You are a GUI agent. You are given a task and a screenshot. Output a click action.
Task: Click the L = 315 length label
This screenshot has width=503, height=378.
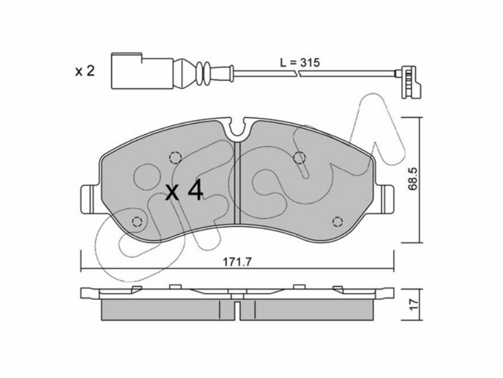[x=300, y=62]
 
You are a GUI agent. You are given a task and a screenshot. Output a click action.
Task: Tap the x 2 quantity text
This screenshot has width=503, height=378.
[x=85, y=71]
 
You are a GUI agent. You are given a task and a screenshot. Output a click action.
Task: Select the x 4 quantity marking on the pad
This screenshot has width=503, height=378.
[x=184, y=190]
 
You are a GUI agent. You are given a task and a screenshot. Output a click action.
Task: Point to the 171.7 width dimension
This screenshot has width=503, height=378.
[x=237, y=262]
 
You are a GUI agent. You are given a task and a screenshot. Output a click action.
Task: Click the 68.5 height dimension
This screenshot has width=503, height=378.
[x=413, y=178]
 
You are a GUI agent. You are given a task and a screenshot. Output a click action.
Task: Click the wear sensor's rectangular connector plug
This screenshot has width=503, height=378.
[x=143, y=71]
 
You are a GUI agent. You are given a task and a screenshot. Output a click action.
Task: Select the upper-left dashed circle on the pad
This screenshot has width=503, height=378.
[x=175, y=157]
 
